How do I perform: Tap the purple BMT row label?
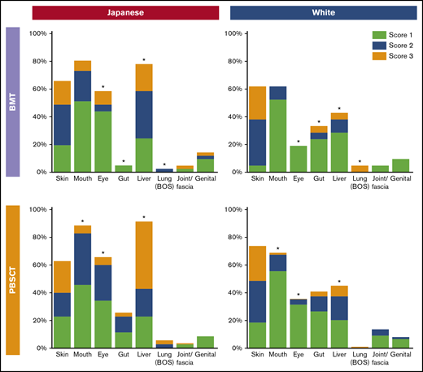tap(13, 102)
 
